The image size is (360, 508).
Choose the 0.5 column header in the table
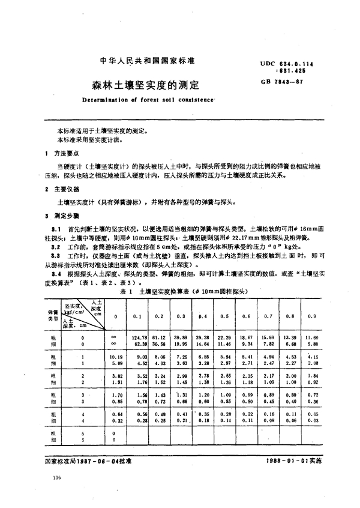222,316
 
